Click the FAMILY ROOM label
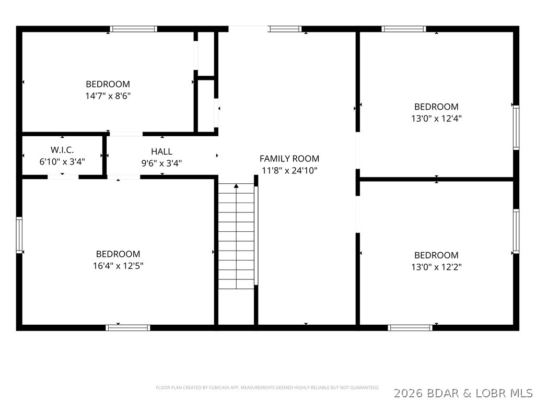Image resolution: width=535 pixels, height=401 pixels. coord(289,159)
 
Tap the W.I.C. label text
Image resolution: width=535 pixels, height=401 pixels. coord(62,150)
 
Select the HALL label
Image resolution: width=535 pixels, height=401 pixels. coord(162,151)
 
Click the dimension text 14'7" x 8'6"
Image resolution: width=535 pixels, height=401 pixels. coord(108,96)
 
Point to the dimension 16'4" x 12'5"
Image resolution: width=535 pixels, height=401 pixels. coord(118,266)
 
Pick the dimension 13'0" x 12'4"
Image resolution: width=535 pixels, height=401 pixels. coord(436,119)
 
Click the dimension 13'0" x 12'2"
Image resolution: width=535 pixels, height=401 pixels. coord(436,267)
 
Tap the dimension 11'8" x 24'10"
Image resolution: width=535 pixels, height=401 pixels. coord(289,170)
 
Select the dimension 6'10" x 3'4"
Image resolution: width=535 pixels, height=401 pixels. coord(62,161)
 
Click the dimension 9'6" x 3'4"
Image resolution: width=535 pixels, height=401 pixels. coord(162,163)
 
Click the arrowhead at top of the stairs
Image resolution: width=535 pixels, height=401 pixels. coord(236,186)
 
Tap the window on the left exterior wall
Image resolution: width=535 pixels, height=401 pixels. coord(19,235)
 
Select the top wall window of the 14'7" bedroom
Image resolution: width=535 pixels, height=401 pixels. coord(133,29)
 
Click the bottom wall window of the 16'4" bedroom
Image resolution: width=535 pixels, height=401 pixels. coord(127,328)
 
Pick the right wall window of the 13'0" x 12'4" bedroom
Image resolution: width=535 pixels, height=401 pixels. coord(516,127)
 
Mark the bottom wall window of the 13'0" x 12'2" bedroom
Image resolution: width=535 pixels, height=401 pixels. coord(410,328)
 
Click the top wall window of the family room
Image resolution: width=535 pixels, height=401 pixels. coord(285,29)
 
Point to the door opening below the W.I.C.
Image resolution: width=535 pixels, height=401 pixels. coord(63,176)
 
